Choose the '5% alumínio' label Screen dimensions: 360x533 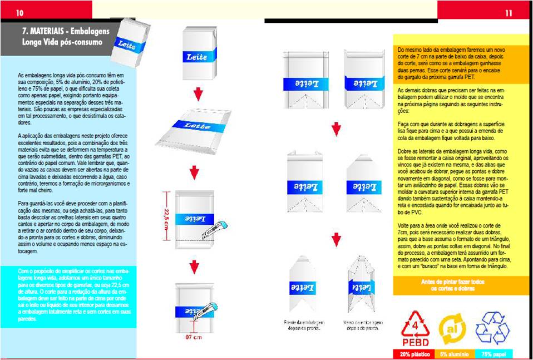pos(452,354)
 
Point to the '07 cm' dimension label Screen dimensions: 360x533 pos(193,338)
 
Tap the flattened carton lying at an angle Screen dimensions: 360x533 pos(193,133)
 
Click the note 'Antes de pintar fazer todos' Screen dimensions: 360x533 pos(461,282)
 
